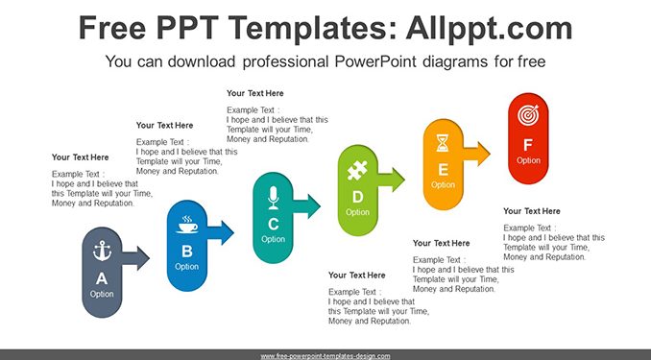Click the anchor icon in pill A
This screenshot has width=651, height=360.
point(102,251)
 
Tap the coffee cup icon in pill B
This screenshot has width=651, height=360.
point(187,225)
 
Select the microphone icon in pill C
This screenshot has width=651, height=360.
point(273,197)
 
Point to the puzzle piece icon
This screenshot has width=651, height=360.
point(357,170)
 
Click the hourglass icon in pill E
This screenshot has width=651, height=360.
point(443,143)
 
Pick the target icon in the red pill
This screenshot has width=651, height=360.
point(528,115)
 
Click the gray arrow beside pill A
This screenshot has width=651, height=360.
point(135,258)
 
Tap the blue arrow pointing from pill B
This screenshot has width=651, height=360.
point(221,232)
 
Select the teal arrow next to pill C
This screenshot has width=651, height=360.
point(306,206)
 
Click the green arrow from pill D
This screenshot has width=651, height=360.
point(391,180)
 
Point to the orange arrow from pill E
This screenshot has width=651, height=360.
point(476,154)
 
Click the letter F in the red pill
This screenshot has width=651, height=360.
point(528,145)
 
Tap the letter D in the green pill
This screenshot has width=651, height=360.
point(357,197)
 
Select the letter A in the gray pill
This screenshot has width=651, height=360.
point(102,278)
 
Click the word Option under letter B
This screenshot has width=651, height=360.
point(187,267)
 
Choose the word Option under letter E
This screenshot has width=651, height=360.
point(443,184)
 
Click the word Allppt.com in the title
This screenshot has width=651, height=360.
point(489,28)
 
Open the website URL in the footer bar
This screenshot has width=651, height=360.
point(325,356)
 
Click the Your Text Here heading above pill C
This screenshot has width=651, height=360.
point(254,93)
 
